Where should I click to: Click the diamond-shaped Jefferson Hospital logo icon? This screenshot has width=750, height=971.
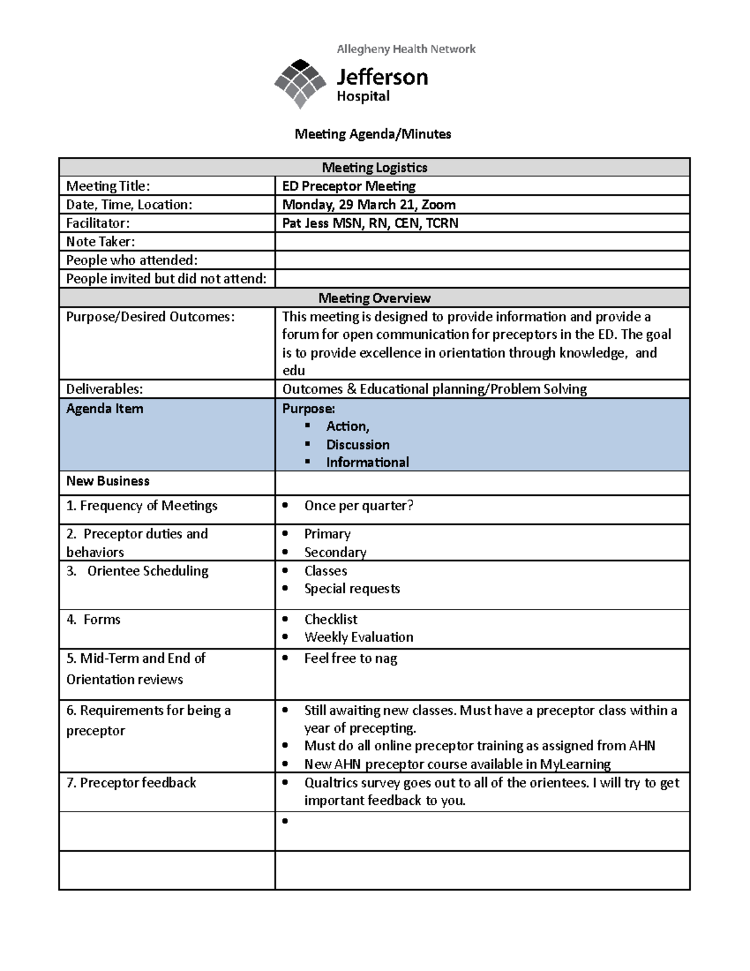tap(300, 83)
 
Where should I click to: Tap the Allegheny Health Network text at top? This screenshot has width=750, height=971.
tap(406, 49)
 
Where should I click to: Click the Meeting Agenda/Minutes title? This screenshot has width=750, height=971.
tap(373, 134)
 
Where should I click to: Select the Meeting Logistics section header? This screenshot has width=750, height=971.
tap(374, 168)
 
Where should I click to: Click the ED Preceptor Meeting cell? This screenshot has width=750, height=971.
tap(349, 186)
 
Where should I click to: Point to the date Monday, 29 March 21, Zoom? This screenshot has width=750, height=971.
tap(369, 204)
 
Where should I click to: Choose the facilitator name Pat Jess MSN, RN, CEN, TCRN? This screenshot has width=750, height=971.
tap(370, 223)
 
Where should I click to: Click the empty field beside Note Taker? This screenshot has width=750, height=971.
tap(481, 242)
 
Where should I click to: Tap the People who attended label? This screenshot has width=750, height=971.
tap(132, 260)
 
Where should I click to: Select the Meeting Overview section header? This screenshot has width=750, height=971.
tap(374, 298)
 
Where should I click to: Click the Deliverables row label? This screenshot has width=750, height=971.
tap(104, 389)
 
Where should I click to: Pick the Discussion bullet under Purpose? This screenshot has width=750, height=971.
tap(357, 445)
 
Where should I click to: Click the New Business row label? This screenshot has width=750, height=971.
tap(108, 481)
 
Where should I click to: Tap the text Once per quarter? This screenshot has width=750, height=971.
tap(359, 506)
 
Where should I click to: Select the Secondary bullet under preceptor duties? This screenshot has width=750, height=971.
tap(335, 552)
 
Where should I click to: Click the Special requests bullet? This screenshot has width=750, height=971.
tap(352, 588)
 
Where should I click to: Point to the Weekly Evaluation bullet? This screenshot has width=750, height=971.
tap(359, 637)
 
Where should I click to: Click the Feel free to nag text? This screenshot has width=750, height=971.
tap(351, 658)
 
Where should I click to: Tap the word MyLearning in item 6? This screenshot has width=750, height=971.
tap(575, 764)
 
